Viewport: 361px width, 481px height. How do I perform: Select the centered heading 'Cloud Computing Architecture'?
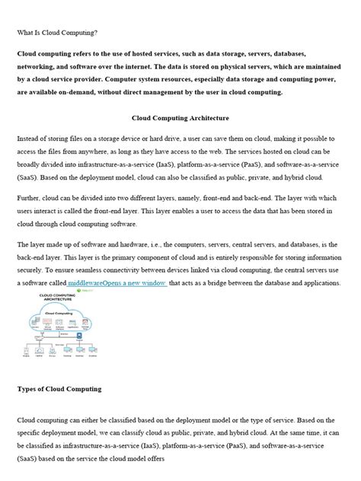pos(180,119)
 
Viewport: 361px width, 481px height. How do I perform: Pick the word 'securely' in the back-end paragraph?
pos(32,269)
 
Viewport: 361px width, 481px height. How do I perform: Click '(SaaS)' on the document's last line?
pos(30,459)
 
